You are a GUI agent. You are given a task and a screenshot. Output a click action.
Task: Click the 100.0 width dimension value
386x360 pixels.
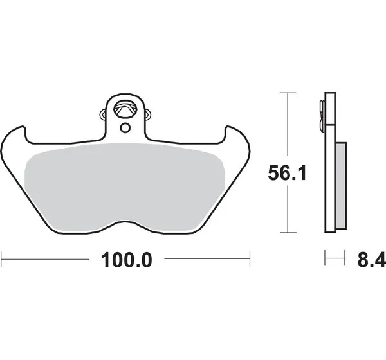(x=127, y=260)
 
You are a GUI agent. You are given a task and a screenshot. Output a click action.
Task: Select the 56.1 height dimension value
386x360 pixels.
(x=287, y=173)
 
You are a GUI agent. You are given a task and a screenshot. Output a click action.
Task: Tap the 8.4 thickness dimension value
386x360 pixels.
(x=372, y=260)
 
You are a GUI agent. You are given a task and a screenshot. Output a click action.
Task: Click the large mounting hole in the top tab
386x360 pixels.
(x=125, y=109)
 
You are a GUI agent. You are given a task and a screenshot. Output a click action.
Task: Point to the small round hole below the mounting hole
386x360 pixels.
(x=125, y=128)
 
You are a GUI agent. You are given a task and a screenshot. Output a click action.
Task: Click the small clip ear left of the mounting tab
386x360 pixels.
(x=103, y=114)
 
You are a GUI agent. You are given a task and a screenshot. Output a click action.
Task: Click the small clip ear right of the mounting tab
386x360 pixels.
(x=147, y=114)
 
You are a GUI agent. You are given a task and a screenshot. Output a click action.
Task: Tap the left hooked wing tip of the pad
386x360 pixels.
(x=23, y=127)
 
